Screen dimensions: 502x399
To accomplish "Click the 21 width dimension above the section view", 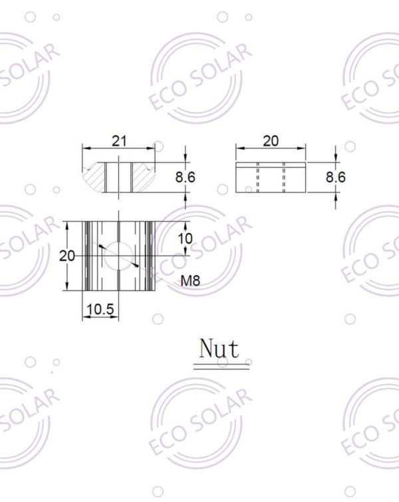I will point(119,140).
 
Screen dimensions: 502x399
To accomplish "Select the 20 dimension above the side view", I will point(271,140).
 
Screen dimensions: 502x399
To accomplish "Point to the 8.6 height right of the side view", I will point(335,177).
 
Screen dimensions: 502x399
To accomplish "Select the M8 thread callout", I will point(191,281).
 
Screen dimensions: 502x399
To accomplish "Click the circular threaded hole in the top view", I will point(119,256).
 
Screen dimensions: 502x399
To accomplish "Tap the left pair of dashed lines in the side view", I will point(257,177).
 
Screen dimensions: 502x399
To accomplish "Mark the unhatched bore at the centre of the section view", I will point(119,177).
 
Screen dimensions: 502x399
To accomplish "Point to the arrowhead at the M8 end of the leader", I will point(137,265).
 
